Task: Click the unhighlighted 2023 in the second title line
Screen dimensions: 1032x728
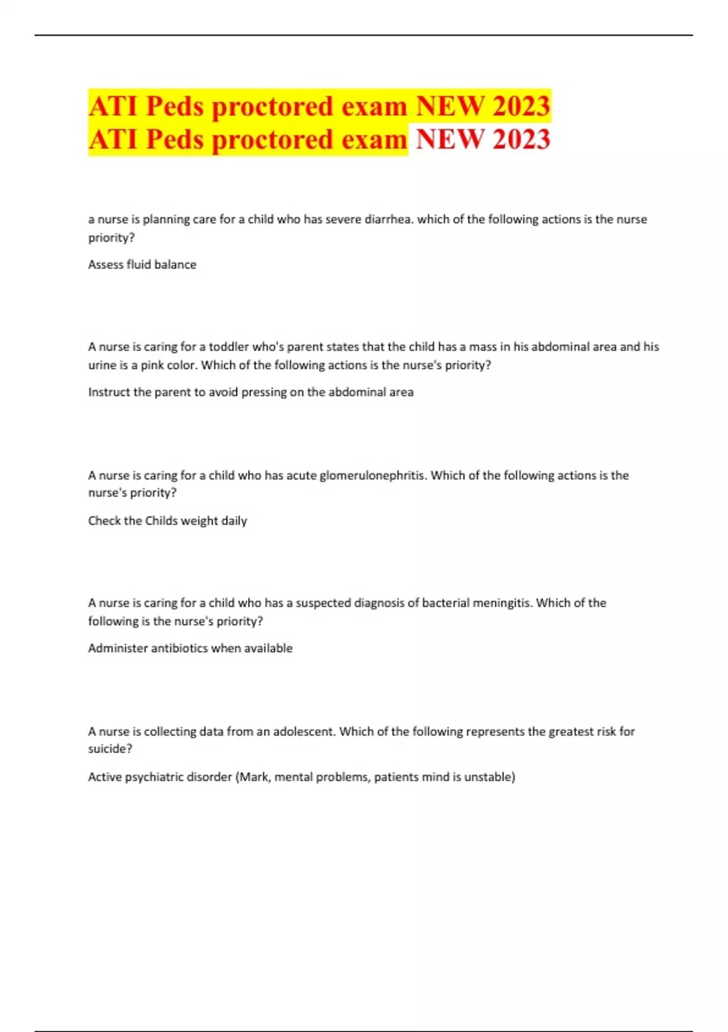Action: [521, 139]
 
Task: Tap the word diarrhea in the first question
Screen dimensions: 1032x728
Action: [388, 219]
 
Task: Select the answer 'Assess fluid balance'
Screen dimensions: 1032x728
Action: [142, 265]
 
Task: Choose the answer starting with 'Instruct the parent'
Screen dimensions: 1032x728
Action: [251, 392]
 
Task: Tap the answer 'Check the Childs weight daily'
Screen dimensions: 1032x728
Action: [167, 521]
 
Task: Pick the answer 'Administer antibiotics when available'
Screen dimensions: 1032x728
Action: [190, 648]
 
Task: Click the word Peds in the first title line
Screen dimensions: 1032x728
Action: [175, 106]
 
